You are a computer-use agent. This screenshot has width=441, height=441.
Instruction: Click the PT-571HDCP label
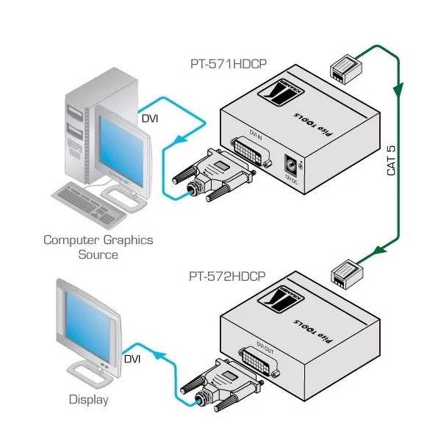click(227, 64)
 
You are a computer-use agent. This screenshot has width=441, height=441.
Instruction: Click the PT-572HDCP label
click(227, 277)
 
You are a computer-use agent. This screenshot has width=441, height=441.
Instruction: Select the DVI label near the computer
click(150, 118)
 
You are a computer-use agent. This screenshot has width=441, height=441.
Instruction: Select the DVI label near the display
click(132, 359)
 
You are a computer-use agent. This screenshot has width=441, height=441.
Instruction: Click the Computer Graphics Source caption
click(98, 247)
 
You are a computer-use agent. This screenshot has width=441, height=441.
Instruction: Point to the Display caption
click(88, 400)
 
